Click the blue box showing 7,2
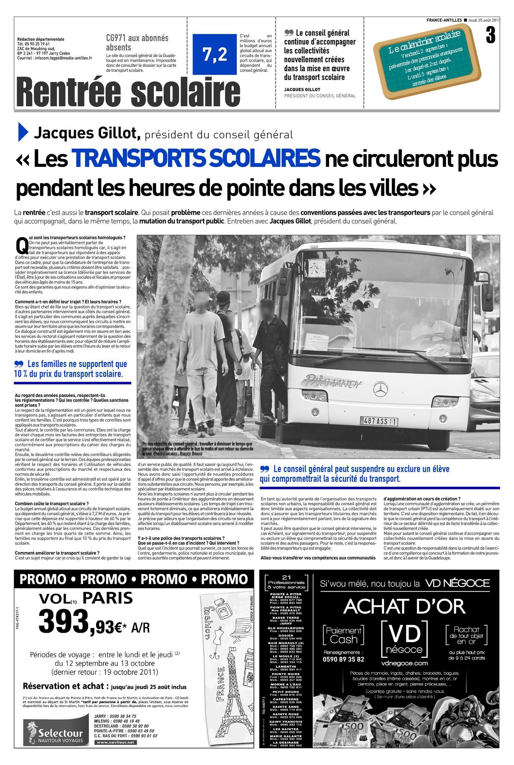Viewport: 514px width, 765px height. point(215,54)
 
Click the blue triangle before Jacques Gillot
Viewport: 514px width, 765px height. point(23,133)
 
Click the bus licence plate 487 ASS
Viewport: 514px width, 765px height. point(379,420)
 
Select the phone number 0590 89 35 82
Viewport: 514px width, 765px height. point(343,659)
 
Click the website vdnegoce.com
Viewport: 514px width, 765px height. point(404,663)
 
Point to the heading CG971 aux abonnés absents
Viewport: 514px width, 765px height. point(137,43)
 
